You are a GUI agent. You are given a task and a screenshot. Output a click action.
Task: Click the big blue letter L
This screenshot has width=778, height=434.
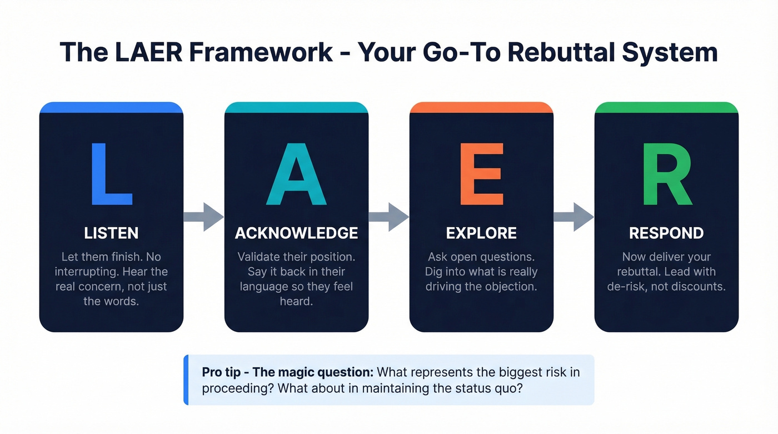(x=111, y=174)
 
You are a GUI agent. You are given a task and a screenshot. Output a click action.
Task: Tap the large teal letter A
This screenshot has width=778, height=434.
(x=296, y=174)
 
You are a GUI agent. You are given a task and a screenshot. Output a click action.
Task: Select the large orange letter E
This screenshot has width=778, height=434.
(x=481, y=174)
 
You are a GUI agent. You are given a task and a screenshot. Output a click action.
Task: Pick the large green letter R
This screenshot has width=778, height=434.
(x=667, y=174)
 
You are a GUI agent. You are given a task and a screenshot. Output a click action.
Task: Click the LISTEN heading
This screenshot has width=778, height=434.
(x=111, y=233)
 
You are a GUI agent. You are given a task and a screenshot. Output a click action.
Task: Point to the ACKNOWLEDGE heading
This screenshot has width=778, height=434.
(x=296, y=233)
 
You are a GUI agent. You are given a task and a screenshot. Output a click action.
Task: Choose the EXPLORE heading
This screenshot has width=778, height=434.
(x=481, y=233)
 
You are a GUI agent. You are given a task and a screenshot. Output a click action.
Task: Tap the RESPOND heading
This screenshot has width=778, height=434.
(x=666, y=233)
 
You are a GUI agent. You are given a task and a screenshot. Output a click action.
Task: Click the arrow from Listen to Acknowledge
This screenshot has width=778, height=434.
(x=204, y=217)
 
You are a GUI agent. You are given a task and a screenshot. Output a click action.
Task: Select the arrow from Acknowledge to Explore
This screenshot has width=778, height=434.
(x=389, y=217)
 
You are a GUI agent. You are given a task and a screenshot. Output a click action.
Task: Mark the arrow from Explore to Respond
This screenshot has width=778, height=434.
(x=574, y=217)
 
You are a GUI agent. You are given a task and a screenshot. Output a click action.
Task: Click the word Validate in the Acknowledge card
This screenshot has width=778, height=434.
(x=259, y=257)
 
